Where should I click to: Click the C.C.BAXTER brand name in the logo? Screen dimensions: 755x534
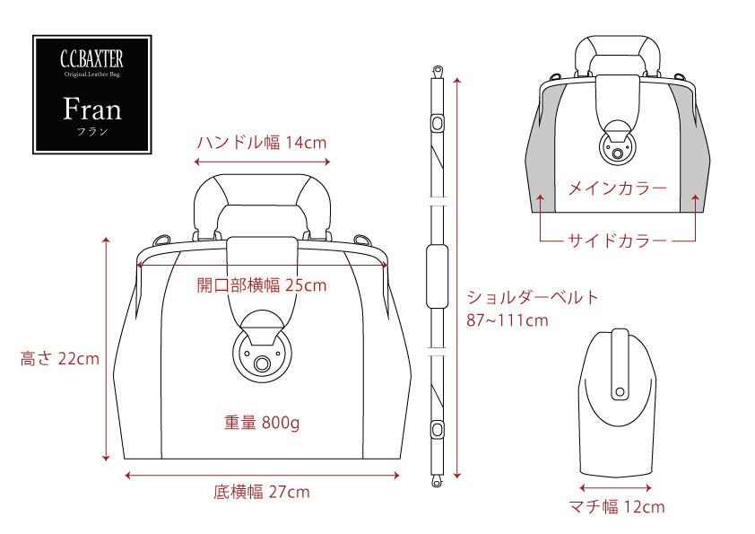point(92,59)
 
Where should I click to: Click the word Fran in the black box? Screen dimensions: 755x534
point(92,109)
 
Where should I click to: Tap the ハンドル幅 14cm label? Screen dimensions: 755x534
point(262,143)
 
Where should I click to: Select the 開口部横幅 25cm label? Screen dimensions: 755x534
point(262,285)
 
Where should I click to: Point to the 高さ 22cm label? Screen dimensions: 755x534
point(60,359)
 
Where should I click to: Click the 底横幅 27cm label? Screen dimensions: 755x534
point(262,492)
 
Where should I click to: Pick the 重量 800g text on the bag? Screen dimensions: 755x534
point(262,423)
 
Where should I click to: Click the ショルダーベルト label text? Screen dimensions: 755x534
point(533,297)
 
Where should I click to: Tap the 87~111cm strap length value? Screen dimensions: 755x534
point(507,320)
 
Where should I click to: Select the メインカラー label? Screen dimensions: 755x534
point(618,188)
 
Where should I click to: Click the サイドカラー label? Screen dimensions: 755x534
point(618,240)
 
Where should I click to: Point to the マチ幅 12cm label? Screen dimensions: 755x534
point(617,506)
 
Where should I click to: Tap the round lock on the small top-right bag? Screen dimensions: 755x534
point(617,145)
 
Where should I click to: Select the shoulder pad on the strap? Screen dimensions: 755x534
point(438,276)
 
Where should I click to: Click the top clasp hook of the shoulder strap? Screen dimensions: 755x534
point(438,73)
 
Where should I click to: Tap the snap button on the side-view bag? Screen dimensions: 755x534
point(620,392)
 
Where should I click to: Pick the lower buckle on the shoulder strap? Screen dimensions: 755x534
point(438,428)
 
